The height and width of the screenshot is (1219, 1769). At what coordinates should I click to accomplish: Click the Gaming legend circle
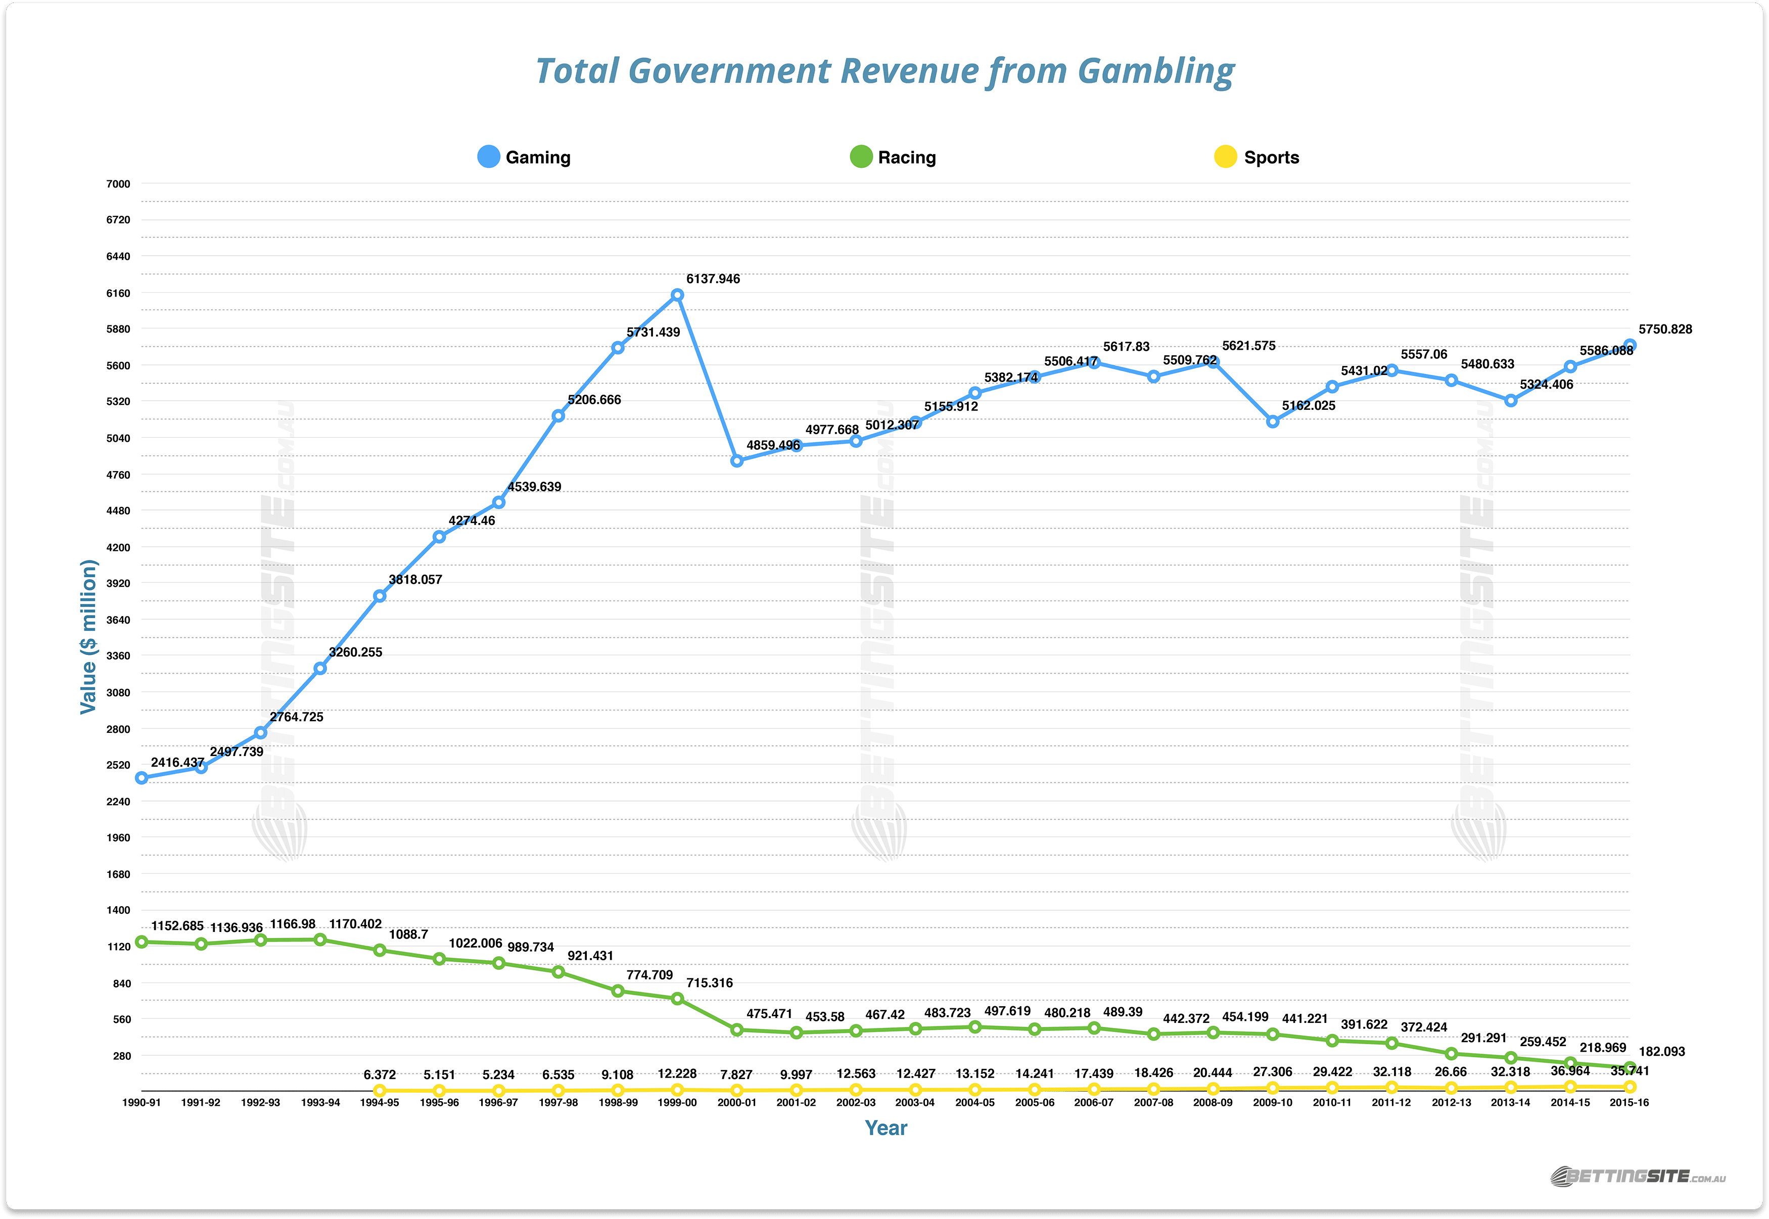[x=489, y=157]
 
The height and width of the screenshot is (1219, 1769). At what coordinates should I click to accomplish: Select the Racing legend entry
[x=893, y=157]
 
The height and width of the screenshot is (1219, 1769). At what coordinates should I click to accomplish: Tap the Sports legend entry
[x=1257, y=157]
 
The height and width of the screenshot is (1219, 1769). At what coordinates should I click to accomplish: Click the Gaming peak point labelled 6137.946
[x=677, y=295]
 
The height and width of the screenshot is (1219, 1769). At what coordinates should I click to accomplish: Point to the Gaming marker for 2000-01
[x=737, y=460]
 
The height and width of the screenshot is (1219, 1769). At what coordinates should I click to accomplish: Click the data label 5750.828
[x=1665, y=329]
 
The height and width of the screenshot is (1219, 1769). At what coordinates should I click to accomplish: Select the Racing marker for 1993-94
[x=320, y=940]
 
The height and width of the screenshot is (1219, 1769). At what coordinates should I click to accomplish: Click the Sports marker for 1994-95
[x=380, y=1091]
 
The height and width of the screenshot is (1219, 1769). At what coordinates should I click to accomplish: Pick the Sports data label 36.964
[x=1570, y=1071]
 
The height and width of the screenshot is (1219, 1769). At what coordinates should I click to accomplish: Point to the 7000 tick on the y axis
[x=118, y=184]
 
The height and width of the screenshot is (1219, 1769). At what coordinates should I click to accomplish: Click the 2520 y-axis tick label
[x=118, y=765]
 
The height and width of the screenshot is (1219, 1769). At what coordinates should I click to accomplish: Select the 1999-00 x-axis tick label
[x=677, y=1103]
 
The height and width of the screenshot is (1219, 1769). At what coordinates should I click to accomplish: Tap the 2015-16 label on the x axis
[x=1628, y=1103]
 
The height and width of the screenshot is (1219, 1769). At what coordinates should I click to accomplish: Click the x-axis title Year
[x=886, y=1128]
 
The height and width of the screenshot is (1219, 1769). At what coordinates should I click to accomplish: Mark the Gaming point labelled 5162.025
[x=1273, y=421]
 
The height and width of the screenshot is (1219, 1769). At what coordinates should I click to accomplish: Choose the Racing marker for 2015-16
[x=1629, y=1068]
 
